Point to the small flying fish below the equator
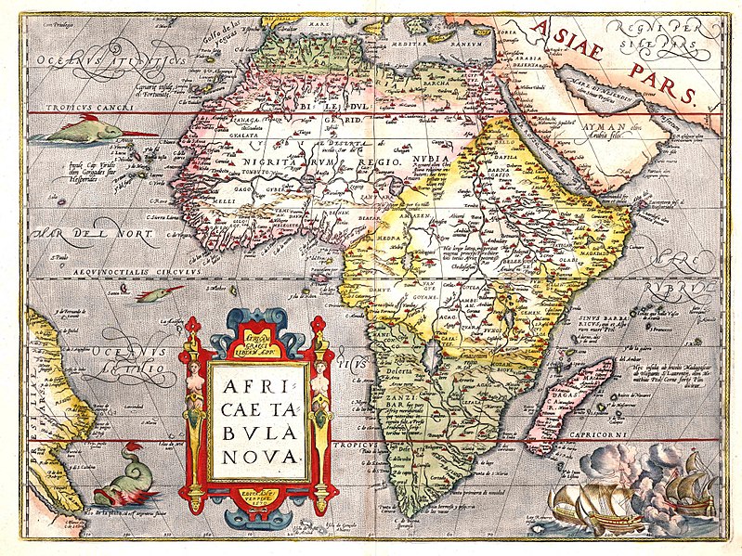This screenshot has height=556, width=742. pyautogui.click(x=158, y=295)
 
